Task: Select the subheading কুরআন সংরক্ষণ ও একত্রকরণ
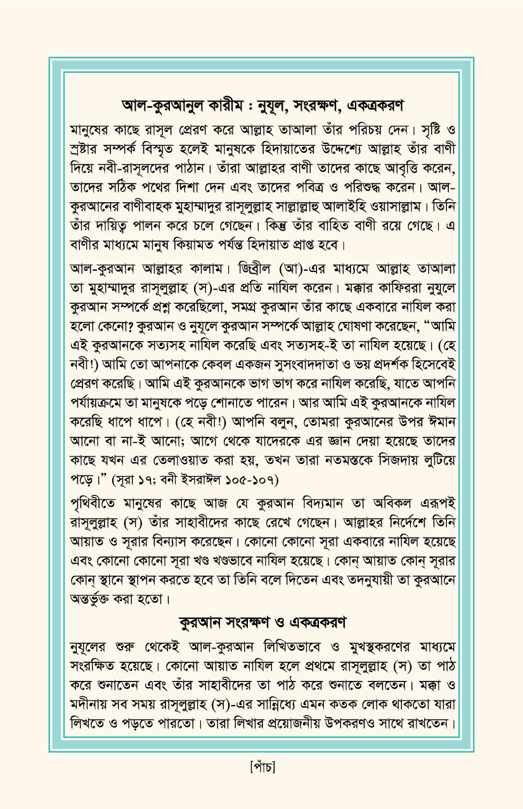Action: click(261, 622)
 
